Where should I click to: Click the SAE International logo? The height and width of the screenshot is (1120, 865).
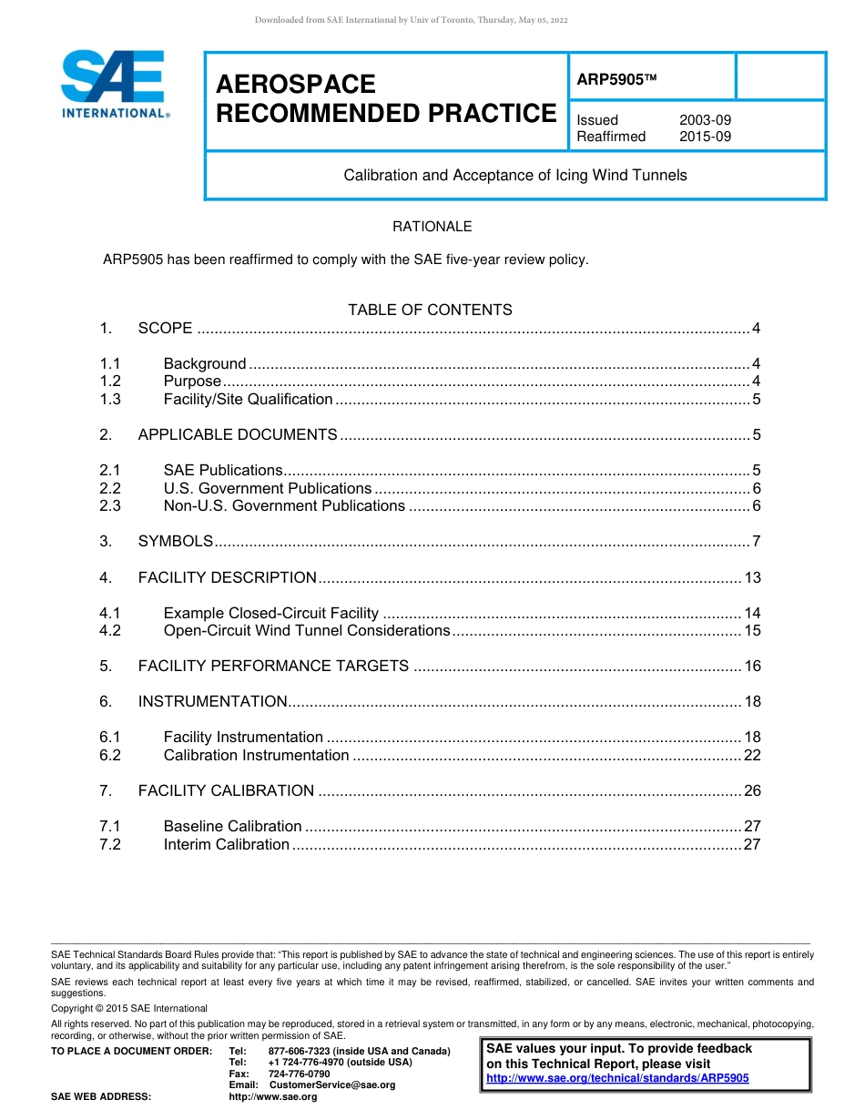pyautogui.click(x=114, y=85)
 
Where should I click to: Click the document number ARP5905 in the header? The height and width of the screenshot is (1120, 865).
pyautogui.click(x=611, y=80)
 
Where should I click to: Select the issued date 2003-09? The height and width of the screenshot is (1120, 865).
pyautogui.click(x=705, y=120)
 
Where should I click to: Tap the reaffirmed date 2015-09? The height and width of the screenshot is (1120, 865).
pyautogui.click(x=705, y=137)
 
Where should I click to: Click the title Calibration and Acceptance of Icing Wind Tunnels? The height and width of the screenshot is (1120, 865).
pyautogui.click(x=514, y=175)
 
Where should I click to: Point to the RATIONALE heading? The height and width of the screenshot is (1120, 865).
pyautogui.click(x=432, y=227)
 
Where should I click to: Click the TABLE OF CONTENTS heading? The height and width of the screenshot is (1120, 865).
pyautogui.click(x=430, y=310)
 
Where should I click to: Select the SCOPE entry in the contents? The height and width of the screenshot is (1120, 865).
pyautogui.click(x=165, y=328)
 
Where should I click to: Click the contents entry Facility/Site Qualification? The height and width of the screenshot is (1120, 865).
pyautogui.click(x=248, y=399)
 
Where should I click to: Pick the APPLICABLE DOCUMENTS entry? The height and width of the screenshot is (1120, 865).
pyautogui.click(x=238, y=434)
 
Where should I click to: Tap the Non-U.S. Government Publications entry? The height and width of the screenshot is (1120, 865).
pyautogui.click(x=284, y=505)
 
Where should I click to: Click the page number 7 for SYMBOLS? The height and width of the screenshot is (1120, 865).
pyautogui.click(x=756, y=541)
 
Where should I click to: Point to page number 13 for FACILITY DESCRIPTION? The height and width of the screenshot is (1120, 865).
pyautogui.click(x=752, y=577)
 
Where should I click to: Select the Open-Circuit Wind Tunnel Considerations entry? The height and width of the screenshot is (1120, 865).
pyautogui.click(x=307, y=630)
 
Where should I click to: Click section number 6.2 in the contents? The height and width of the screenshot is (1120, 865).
pyautogui.click(x=110, y=755)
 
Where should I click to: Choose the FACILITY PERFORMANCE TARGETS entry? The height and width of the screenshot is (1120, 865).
pyautogui.click(x=273, y=666)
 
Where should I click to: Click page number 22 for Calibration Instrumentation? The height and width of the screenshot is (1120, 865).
pyautogui.click(x=752, y=755)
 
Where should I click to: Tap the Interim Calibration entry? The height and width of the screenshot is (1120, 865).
pyautogui.click(x=226, y=844)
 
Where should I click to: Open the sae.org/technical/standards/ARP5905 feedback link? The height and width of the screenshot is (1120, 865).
pyautogui.click(x=617, y=1078)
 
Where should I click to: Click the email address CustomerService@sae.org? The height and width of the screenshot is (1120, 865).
pyautogui.click(x=332, y=1085)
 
